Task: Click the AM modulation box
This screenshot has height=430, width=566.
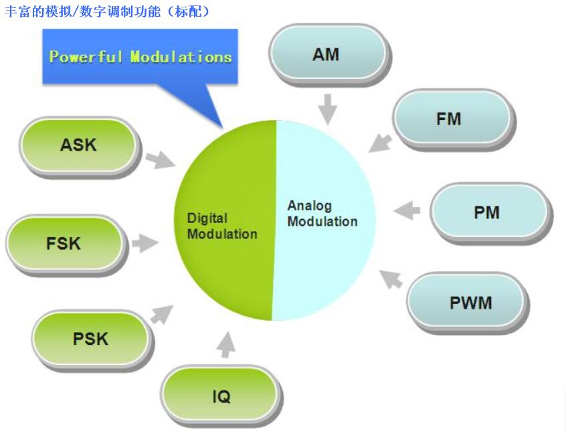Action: coord(327,54)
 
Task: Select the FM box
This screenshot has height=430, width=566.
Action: coord(449,119)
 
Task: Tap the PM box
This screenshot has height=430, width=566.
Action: coord(487,212)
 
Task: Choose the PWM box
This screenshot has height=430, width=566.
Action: coord(470,303)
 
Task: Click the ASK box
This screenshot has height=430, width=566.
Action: coord(79,144)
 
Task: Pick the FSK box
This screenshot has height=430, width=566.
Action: coord(64,243)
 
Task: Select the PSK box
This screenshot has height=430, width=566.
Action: coord(90,339)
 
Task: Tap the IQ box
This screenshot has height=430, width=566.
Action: coord(221,397)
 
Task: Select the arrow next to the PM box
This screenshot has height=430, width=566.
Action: coord(407,212)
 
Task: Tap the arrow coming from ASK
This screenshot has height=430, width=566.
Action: coord(160,159)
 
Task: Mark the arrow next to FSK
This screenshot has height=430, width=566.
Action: coord(145,243)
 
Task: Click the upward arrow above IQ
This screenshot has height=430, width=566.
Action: coord(227,344)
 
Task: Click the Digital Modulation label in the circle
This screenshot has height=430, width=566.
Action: coord(221,226)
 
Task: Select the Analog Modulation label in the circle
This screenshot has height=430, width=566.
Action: coord(322,214)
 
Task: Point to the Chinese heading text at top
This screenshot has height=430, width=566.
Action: coord(107,11)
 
